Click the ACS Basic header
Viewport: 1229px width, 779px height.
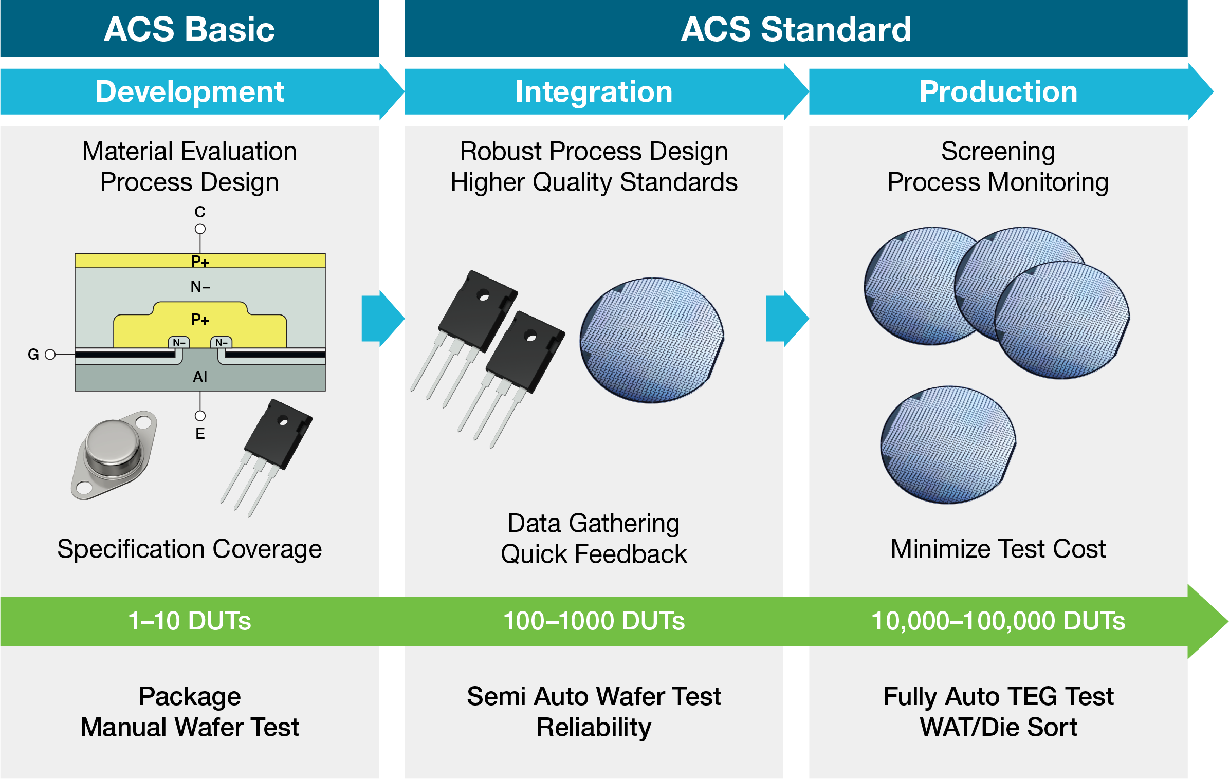(189, 29)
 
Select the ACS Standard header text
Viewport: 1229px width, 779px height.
(796, 29)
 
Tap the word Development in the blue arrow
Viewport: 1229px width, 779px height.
(189, 91)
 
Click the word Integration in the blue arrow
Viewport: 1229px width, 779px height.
(594, 91)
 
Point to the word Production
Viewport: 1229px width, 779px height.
(998, 91)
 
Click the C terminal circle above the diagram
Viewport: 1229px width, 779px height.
(200, 229)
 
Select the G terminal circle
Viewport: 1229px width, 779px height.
(50, 355)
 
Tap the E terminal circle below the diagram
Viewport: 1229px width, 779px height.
(200, 416)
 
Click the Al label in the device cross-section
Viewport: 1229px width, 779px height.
(199, 377)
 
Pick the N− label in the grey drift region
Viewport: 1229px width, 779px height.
(200, 286)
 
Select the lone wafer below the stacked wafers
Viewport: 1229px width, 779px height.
(948, 445)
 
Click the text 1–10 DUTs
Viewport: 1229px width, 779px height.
(189, 621)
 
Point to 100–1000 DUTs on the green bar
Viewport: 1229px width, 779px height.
(594, 621)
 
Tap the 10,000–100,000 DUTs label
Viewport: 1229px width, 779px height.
(998, 621)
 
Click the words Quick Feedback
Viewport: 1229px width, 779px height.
(594, 554)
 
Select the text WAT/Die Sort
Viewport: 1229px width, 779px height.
(998, 727)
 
